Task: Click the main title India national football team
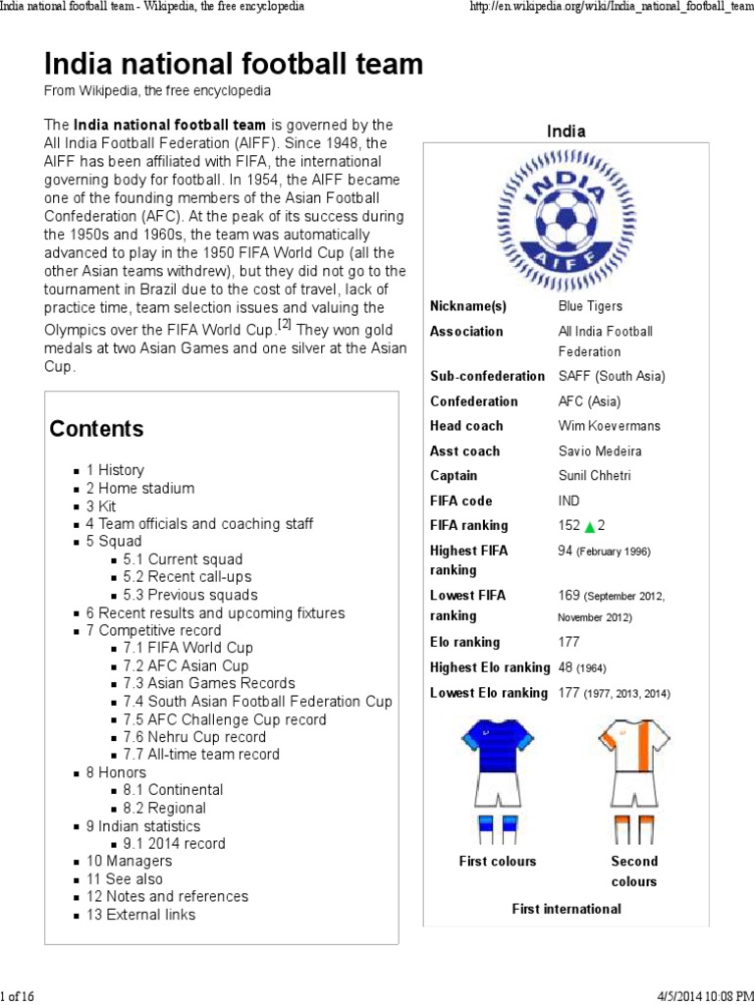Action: [x=234, y=65]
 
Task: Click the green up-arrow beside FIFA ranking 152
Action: [x=590, y=527]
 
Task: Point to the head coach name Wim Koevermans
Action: [x=609, y=426]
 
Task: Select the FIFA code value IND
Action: [x=570, y=501]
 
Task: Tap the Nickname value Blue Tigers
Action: [x=590, y=306]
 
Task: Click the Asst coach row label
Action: [x=464, y=451]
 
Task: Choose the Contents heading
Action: [x=96, y=429]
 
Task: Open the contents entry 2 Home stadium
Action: [x=140, y=488]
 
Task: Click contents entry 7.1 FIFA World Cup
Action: [x=188, y=648]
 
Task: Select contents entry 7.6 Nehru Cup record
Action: [x=194, y=737]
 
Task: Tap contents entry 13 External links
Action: [x=140, y=915]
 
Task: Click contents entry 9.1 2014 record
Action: [x=174, y=844]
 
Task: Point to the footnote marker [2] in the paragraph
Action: [x=284, y=324]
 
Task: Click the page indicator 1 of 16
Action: [x=17, y=996]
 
